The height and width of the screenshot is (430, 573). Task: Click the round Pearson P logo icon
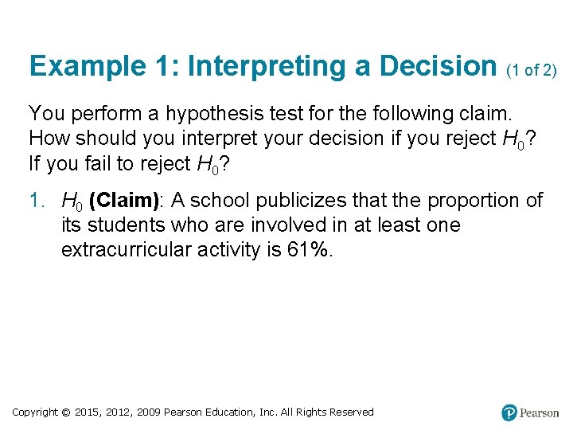click(x=509, y=412)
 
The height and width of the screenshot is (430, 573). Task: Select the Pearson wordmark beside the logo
click(x=540, y=412)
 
